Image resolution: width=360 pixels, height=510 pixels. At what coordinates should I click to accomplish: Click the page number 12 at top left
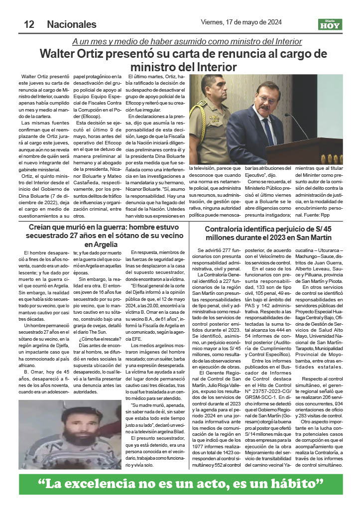click(28, 24)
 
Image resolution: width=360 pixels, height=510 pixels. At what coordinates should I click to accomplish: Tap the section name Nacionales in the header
click(72, 24)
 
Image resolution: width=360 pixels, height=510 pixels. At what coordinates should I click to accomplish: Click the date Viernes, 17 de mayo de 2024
click(241, 22)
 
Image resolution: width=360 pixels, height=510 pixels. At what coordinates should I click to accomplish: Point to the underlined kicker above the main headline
click(187, 41)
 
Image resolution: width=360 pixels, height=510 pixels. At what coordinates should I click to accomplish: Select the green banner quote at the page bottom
click(180, 483)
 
